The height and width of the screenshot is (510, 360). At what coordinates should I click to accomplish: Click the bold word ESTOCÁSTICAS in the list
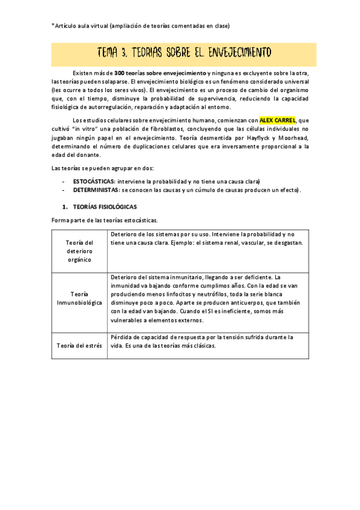point(94,181)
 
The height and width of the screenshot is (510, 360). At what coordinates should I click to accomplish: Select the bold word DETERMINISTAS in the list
point(96,190)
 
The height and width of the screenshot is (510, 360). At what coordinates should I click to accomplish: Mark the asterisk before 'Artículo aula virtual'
point(53,25)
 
